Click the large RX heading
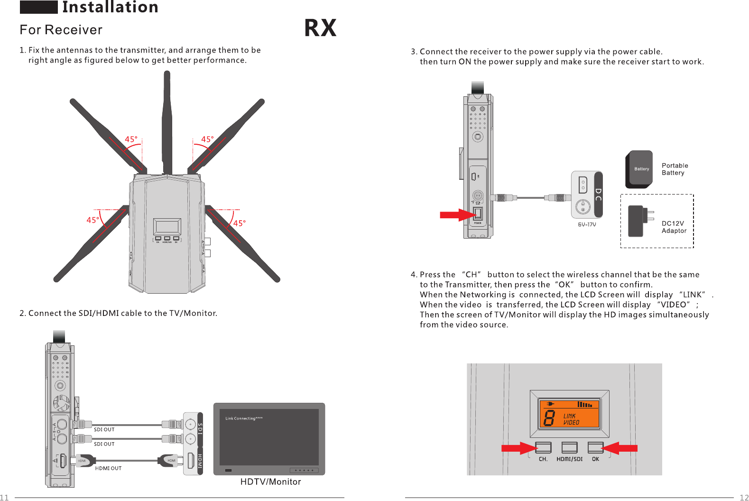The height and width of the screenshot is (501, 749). (320, 28)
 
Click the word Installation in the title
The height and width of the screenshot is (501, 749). (110, 7)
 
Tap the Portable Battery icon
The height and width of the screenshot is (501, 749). (639, 169)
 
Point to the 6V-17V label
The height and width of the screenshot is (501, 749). (587, 225)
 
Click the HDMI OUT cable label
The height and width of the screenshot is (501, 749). (108, 468)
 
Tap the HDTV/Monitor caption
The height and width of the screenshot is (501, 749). (270, 482)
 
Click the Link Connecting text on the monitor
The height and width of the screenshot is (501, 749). (244, 418)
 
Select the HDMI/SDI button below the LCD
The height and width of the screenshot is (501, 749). (569, 447)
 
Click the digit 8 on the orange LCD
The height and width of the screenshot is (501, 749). (549, 418)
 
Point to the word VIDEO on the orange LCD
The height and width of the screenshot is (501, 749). (571, 422)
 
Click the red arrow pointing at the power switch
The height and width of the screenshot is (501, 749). (456, 215)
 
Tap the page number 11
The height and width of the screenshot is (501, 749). (4, 497)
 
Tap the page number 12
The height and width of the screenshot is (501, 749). (744, 497)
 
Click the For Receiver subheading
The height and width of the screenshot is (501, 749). (61, 30)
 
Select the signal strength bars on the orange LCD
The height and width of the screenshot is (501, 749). (585, 405)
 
